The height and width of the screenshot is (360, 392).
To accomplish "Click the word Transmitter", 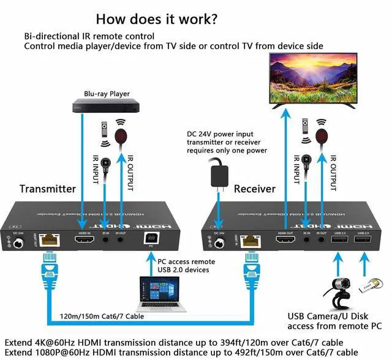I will [x=47, y=189].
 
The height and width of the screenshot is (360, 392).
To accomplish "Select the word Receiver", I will [x=255, y=189].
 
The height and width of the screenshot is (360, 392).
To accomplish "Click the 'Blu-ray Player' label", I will [x=107, y=94].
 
